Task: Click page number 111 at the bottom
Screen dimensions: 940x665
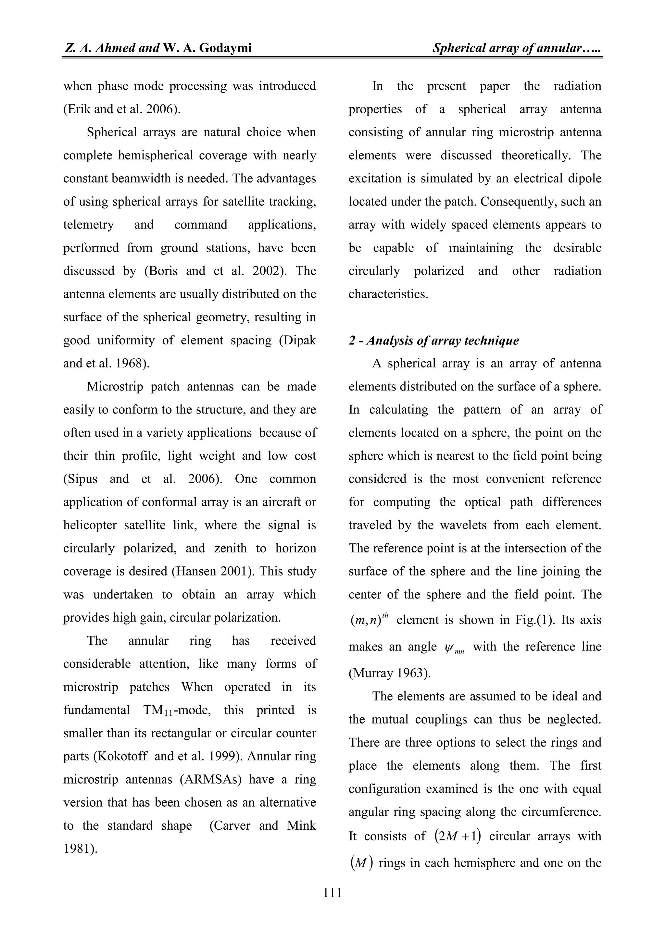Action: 332,892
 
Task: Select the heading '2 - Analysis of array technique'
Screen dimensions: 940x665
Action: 433,340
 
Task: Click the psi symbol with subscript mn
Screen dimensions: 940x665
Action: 454,648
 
